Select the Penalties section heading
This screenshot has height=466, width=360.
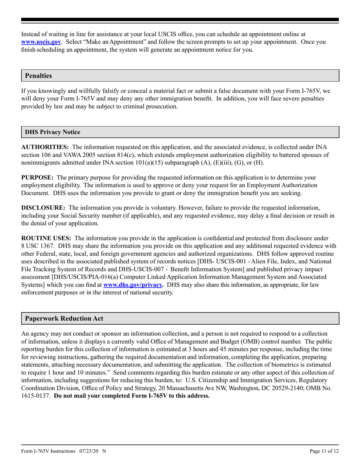38,76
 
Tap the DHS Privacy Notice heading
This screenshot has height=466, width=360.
52,132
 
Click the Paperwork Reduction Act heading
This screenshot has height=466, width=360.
64,319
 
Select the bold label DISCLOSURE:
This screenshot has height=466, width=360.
43,208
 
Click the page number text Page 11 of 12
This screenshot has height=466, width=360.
324,451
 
